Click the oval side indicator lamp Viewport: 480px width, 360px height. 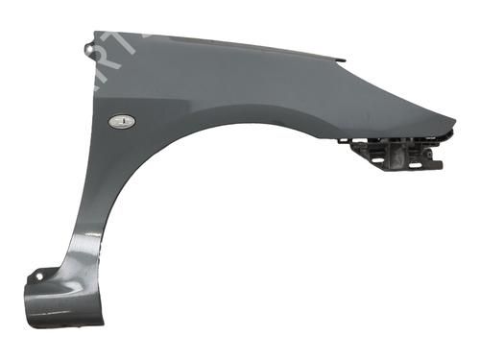coord(122,121)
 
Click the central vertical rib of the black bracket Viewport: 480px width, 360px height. coord(397,154)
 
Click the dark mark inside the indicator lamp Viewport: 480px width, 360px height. coord(122,121)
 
